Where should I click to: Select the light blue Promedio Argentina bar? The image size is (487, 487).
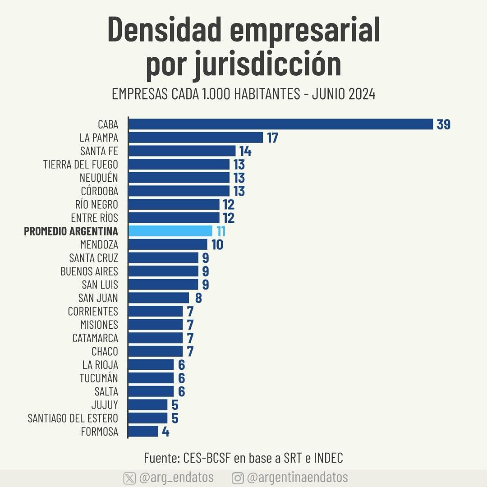tap(170, 231)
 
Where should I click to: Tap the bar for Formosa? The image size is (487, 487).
tap(143, 432)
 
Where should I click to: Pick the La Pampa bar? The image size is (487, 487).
tap(196, 138)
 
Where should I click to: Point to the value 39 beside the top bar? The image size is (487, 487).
tap(444, 124)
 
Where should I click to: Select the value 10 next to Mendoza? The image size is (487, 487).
tap(217, 245)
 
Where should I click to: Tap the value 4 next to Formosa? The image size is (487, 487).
tap(165, 432)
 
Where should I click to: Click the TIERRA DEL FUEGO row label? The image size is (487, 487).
tap(81, 165)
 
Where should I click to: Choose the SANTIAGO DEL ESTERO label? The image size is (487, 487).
tap(73, 418)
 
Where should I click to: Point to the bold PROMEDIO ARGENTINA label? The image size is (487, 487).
tap(71, 231)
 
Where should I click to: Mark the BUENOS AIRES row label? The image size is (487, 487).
tap(89, 271)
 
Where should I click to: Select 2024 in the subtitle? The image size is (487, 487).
tap(362, 94)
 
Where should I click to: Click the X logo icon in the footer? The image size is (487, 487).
tap(129, 478)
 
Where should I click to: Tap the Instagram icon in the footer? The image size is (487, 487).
tap(238, 478)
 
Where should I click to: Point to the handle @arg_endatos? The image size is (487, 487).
tap(176, 478)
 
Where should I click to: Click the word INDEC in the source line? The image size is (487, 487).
tap(328, 458)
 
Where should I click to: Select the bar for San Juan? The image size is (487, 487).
tap(159, 298)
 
